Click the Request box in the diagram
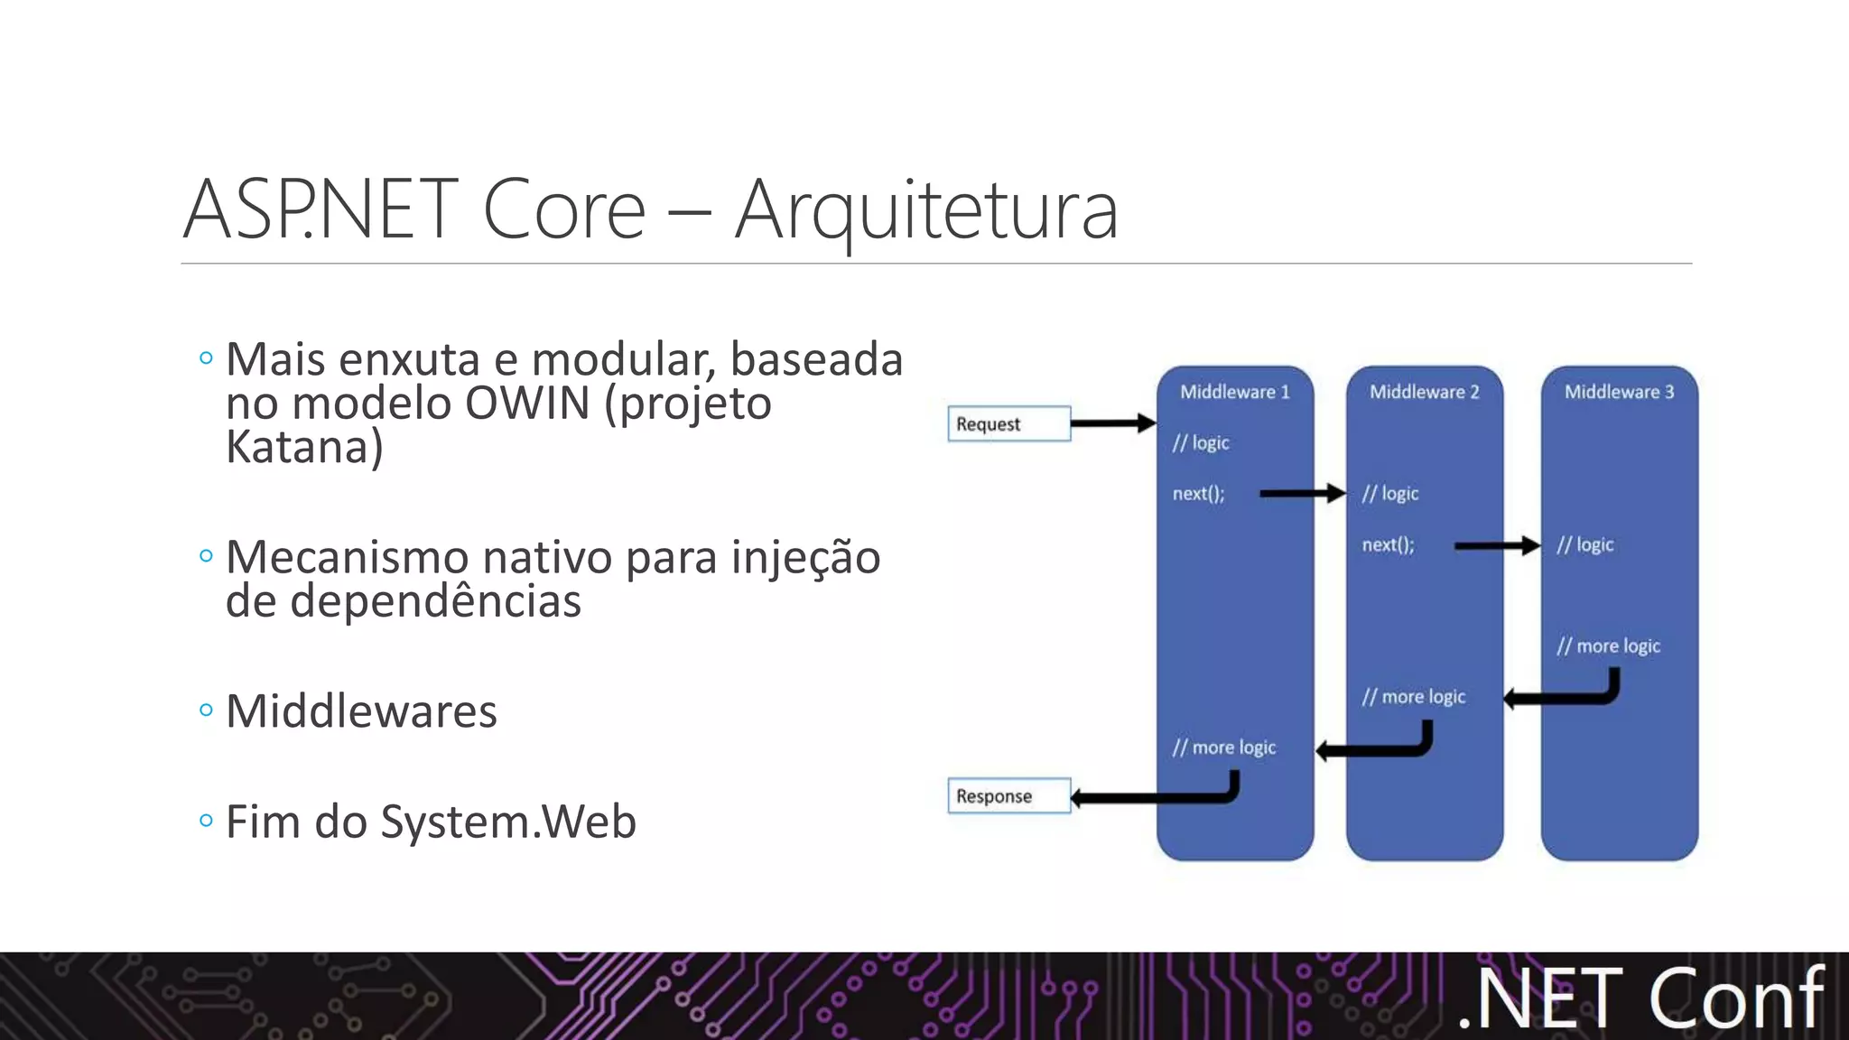[x=1008, y=423]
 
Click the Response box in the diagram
[x=1008, y=795]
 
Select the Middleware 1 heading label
[x=1234, y=392]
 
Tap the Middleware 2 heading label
[x=1424, y=392]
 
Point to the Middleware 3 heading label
[x=1619, y=392]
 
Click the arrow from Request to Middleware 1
[x=1112, y=422]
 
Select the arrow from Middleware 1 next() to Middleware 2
[x=1301, y=493]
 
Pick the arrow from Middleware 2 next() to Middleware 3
[x=1496, y=544]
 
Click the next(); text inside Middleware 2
[x=1388, y=544]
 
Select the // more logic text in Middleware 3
[x=1608, y=645]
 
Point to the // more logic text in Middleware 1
[x=1223, y=747]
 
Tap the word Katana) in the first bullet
[x=304, y=447]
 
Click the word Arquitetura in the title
[x=926, y=209]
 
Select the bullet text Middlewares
[x=361, y=711]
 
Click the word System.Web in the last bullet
[x=508, y=822]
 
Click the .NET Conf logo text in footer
[x=1641, y=998]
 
